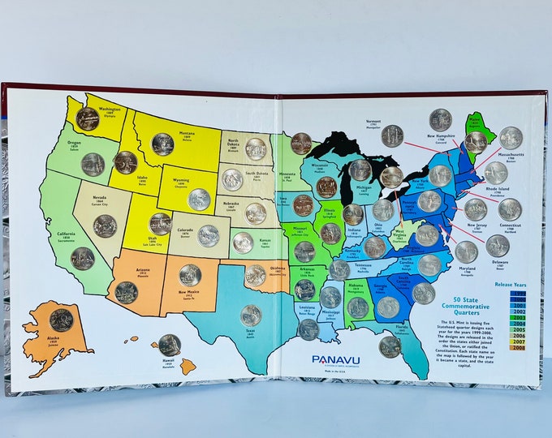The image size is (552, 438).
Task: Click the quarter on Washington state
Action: pyautogui.click(x=88, y=119)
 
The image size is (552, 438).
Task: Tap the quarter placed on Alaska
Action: pyautogui.click(x=61, y=320)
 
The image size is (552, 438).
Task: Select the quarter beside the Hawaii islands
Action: pyautogui.click(x=169, y=345)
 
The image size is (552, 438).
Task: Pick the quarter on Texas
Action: pyautogui.click(x=251, y=315)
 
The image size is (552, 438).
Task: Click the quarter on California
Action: pyautogui.click(x=82, y=258)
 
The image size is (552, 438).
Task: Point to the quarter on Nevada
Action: pyautogui.click(x=105, y=225)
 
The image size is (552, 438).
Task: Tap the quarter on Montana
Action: pyautogui.click(x=162, y=144)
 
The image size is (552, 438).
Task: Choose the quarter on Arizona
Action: pyautogui.click(x=126, y=292)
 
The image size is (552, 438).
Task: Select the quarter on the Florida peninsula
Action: pyautogui.click(x=390, y=346)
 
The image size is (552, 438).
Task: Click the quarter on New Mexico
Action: pyautogui.click(x=190, y=275)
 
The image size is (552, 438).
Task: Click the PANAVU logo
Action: pyautogui.click(x=335, y=359)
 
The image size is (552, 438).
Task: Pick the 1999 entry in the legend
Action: pyautogui.click(x=517, y=294)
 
